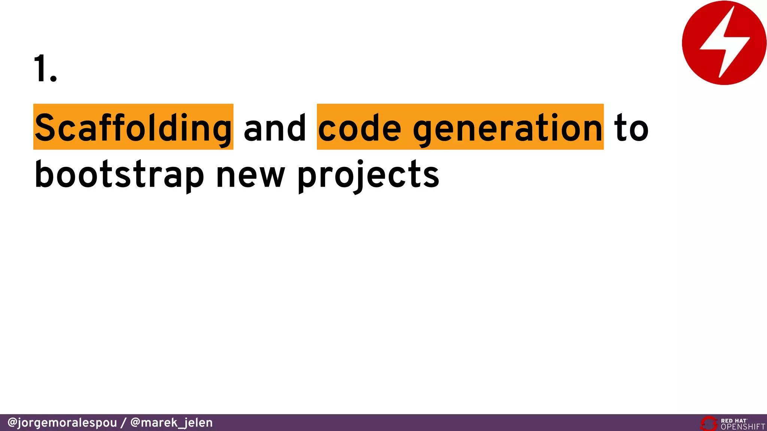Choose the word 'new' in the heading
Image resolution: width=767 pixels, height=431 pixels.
pyautogui.click(x=251, y=175)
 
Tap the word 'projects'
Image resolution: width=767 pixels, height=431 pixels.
pyautogui.click(x=369, y=175)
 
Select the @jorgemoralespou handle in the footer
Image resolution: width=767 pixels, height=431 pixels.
pyautogui.click(x=62, y=423)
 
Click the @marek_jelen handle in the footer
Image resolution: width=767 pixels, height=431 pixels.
pyautogui.click(x=172, y=423)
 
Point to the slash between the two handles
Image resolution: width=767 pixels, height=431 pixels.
pyautogui.click(x=124, y=423)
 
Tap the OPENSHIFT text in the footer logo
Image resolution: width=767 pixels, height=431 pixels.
pyautogui.click(x=743, y=427)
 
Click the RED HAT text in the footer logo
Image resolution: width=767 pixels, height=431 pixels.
pyautogui.click(x=734, y=421)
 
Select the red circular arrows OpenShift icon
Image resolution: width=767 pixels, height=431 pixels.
pyautogui.click(x=709, y=424)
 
